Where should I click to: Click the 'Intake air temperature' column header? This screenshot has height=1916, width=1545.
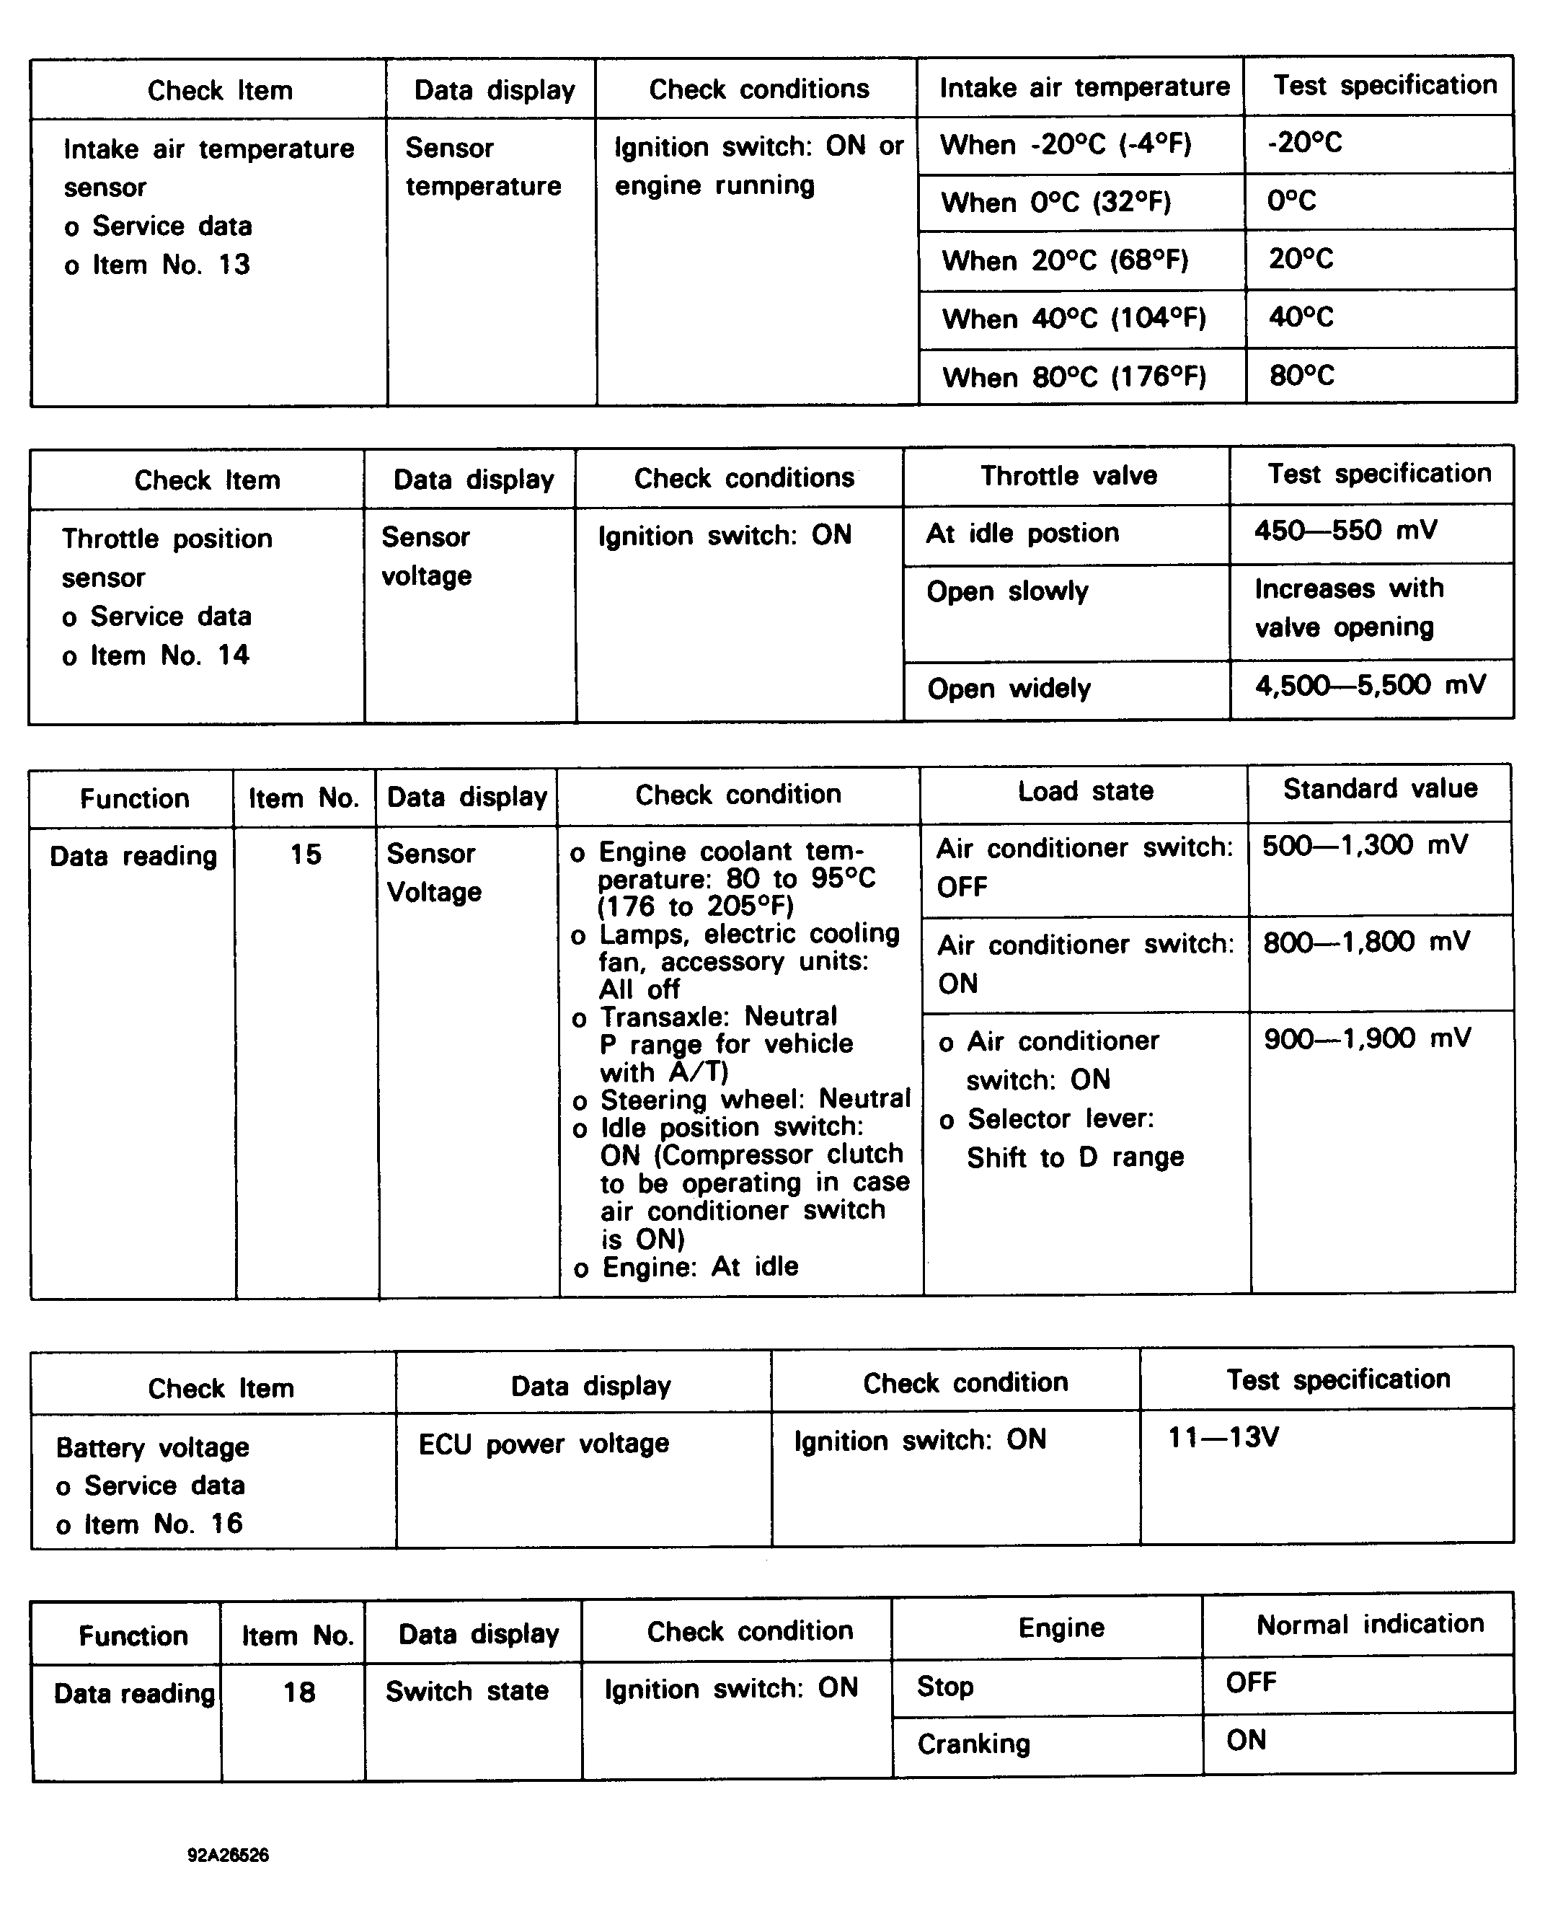(1084, 87)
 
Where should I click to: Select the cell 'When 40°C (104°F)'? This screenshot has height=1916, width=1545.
(1074, 319)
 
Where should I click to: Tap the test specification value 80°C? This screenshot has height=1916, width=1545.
(1301, 376)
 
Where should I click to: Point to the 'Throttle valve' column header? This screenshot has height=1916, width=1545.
(1068, 476)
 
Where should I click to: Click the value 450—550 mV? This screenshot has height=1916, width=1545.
(1345, 531)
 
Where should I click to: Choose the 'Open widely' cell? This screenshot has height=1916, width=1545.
(1009, 689)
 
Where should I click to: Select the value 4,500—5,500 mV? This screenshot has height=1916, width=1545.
(1370, 685)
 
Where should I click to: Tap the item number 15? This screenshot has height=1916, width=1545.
(305, 855)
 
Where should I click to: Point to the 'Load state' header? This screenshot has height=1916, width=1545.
(1085, 791)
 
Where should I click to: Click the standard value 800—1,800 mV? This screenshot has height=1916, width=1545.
(1365, 942)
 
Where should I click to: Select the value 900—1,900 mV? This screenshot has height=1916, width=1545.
(1367, 1038)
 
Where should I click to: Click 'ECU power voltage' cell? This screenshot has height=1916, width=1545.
(543, 1444)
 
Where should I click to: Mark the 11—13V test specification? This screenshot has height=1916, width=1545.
(1223, 1437)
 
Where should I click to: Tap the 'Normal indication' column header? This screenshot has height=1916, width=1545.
(1369, 1624)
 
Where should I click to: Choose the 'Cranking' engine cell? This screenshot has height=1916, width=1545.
(973, 1744)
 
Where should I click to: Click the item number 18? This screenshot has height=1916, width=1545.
(299, 1692)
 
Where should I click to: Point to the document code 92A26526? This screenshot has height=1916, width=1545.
(228, 1855)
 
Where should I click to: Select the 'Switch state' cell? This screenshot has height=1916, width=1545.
(466, 1691)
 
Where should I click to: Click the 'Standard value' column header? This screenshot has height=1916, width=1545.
(1379, 788)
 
